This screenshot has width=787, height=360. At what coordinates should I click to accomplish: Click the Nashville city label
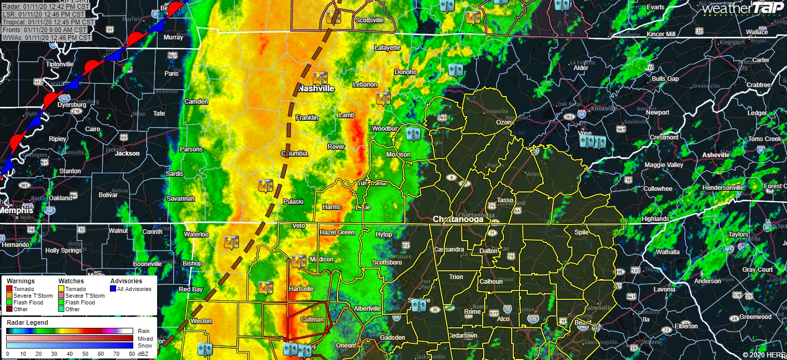(x=316, y=89)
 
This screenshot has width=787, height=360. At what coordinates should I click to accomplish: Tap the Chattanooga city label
(x=458, y=219)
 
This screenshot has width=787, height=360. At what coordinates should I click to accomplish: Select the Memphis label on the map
(x=16, y=211)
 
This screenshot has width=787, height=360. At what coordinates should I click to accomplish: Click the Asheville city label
(x=716, y=155)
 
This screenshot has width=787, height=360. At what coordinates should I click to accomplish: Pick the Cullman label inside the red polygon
(x=312, y=320)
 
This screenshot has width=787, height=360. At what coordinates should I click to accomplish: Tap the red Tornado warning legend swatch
(x=9, y=289)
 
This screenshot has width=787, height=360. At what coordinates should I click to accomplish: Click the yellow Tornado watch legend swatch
(x=61, y=289)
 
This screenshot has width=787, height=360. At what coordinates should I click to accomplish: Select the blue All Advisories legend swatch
(x=113, y=289)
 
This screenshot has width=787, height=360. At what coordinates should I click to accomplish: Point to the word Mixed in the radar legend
(x=145, y=338)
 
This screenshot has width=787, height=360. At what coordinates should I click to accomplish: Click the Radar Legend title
(x=27, y=323)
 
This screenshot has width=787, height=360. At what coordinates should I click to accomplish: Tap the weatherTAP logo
(x=742, y=8)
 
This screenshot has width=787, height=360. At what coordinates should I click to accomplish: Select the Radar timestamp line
(x=46, y=7)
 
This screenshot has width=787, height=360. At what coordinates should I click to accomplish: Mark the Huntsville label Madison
(x=321, y=259)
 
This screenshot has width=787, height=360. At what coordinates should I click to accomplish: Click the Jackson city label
(x=127, y=154)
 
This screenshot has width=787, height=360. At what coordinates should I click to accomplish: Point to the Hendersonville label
(x=723, y=188)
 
